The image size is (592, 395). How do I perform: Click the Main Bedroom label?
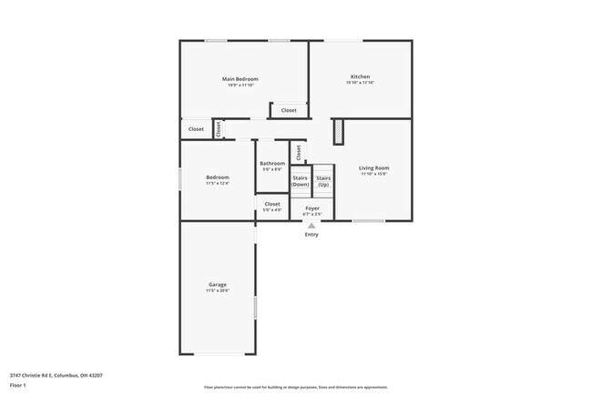click(x=240, y=79)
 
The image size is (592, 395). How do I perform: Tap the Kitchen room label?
click(x=360, y=76)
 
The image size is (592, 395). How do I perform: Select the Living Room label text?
click(x=373, y=167)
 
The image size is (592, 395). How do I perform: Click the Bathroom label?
click(x=272, y=163)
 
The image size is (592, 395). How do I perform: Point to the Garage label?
click(x=217, y=285)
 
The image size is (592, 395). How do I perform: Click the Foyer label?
click(x=311, y=208)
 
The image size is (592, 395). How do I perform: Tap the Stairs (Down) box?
click(x=301, y=181)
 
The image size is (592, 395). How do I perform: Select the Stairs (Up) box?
click(x=323, y=181)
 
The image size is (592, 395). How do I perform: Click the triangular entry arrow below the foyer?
click(x=311, y=225)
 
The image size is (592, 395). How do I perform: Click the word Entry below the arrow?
click(x=311, y=235)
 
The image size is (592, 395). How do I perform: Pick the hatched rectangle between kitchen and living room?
click(x=338, y=131)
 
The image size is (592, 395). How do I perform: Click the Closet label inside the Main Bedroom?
click(x=288, y=110)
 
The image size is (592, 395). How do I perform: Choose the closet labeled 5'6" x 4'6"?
click(x=272, y=207)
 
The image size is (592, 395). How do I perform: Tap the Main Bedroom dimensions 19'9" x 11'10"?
click(x=240, y=86)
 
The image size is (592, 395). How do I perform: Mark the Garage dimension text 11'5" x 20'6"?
click(x=217, y=291)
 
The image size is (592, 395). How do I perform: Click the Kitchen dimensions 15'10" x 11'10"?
click(x=360, y=83)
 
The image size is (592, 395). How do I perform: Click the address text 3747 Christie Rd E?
click(x=56, y=374)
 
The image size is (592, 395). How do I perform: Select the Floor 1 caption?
click(x=17, y=385)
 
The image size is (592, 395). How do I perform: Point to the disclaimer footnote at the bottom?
click(x=296, y=388)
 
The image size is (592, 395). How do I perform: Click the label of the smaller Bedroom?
click(x=217, y=177)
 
